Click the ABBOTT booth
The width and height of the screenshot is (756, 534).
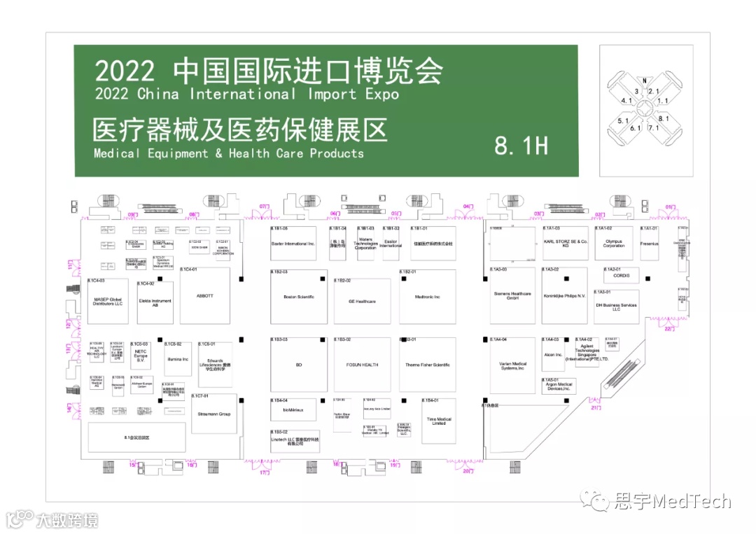click(x=205, y=296)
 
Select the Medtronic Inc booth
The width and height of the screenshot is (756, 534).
click(x=427, y=297)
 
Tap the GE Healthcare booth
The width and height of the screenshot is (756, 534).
click(x=362, y=301)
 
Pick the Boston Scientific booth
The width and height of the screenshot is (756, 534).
click(x=299, y=297)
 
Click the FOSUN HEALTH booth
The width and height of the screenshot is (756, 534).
click(x=362, y=365)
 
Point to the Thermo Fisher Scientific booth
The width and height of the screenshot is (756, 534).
click(x=427, y=365)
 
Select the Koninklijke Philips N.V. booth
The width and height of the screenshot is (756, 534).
click(x=565, y=296)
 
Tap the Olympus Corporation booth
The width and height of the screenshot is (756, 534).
click(x=614, y=244)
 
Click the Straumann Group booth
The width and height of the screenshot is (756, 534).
click(x=214, y=414)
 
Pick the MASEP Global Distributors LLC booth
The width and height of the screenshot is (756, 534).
click(x=108, y=302)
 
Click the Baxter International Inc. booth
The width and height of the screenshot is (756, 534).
click(x=293, y=244)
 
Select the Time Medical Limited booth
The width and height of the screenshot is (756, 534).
click(x=439, y=421)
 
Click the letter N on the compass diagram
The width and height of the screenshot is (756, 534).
click(x=645, y=80)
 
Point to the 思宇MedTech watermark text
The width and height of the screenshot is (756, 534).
click(x=672, y=501)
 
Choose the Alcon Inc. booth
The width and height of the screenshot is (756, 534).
click(x=553, y=355)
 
